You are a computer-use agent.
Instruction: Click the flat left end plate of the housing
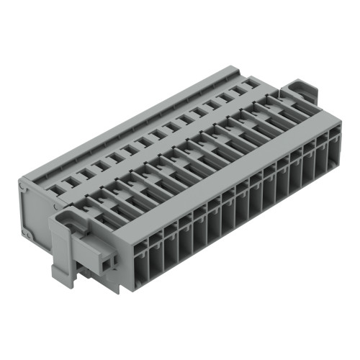pyautogui.click(x=35, y=209)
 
